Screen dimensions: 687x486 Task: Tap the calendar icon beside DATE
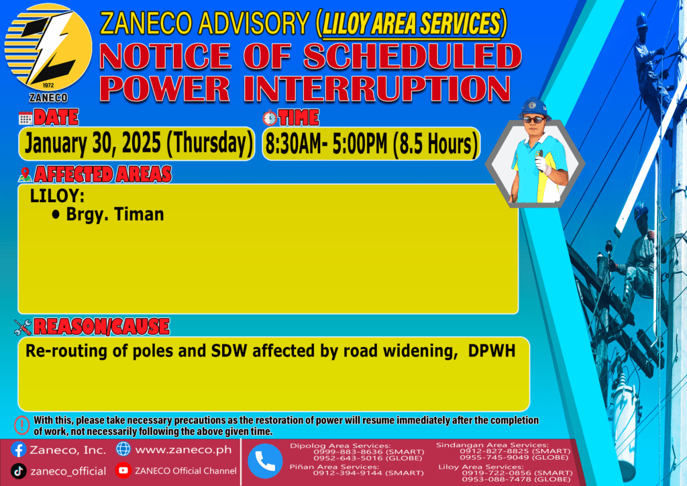25,118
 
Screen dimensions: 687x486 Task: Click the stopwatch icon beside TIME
270,118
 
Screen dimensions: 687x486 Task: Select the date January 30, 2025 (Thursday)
138,143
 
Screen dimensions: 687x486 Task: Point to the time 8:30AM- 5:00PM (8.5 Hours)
371,144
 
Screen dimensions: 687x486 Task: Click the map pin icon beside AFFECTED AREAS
25,175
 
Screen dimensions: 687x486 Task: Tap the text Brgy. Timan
115,214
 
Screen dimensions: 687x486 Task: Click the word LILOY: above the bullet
57,195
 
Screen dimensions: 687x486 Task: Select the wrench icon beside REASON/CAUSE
23,327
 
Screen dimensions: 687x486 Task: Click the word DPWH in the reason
492,350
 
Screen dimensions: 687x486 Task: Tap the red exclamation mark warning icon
22,425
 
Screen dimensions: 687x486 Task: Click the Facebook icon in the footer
18,450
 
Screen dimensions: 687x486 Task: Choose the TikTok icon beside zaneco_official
18,471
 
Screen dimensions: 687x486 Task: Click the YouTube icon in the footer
123,470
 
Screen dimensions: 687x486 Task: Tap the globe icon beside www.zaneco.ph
123,449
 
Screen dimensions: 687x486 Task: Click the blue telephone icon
265,460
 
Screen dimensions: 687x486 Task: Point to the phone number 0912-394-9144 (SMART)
368,473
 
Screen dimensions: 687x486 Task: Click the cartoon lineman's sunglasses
534,119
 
